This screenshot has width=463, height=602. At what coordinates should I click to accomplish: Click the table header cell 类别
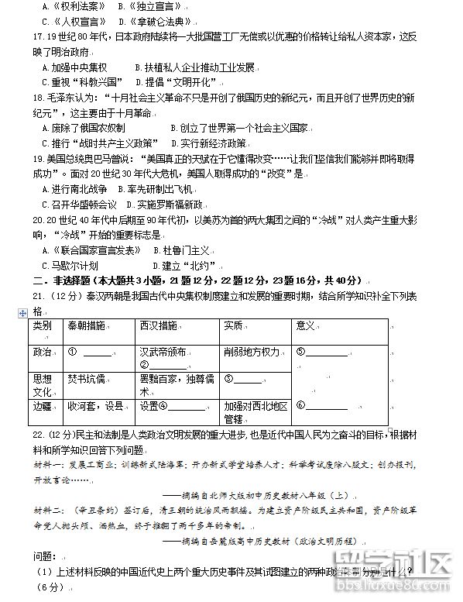pos(43,325)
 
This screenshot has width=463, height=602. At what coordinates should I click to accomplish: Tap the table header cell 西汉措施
pos(159,325)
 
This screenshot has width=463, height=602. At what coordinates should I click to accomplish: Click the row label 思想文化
pos(43,386)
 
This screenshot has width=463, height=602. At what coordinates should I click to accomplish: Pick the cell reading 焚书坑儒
pos(86,379)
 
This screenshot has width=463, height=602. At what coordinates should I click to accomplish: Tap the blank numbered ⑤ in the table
pos(321,352)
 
